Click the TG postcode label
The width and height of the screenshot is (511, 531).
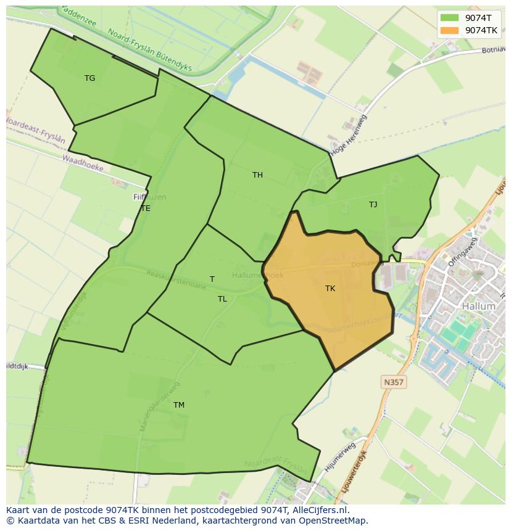click(89, 78)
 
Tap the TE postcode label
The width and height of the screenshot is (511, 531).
click(146, 208)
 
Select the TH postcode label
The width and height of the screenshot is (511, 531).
click(257, 175)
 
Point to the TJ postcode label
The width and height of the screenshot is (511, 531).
click(373, 204)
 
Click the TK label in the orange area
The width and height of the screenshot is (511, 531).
click(330, 288)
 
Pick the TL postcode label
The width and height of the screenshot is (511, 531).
click(222, 299)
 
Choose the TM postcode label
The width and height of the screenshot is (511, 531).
click(179, 405)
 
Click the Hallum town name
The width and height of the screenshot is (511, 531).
click(478, 306)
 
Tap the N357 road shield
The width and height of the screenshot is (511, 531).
click(393, 382)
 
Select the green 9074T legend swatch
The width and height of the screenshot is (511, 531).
click(450, 18)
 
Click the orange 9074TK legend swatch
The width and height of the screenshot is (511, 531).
click(450, 30)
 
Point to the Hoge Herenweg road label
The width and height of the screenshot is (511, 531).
click(349, 135)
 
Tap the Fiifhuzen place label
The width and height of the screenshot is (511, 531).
click(149, 197)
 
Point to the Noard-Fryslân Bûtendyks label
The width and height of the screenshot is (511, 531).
click(149, 51)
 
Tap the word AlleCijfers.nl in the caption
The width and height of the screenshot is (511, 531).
click(319, 510)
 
